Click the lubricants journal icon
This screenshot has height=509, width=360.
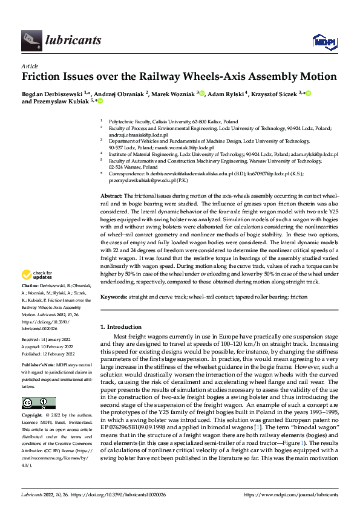31,41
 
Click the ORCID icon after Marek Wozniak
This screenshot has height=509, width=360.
202,94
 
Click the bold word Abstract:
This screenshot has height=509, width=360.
111,196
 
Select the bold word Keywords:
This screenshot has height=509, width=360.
114,297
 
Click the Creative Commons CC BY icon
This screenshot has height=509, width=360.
38,403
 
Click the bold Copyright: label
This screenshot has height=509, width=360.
32,416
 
